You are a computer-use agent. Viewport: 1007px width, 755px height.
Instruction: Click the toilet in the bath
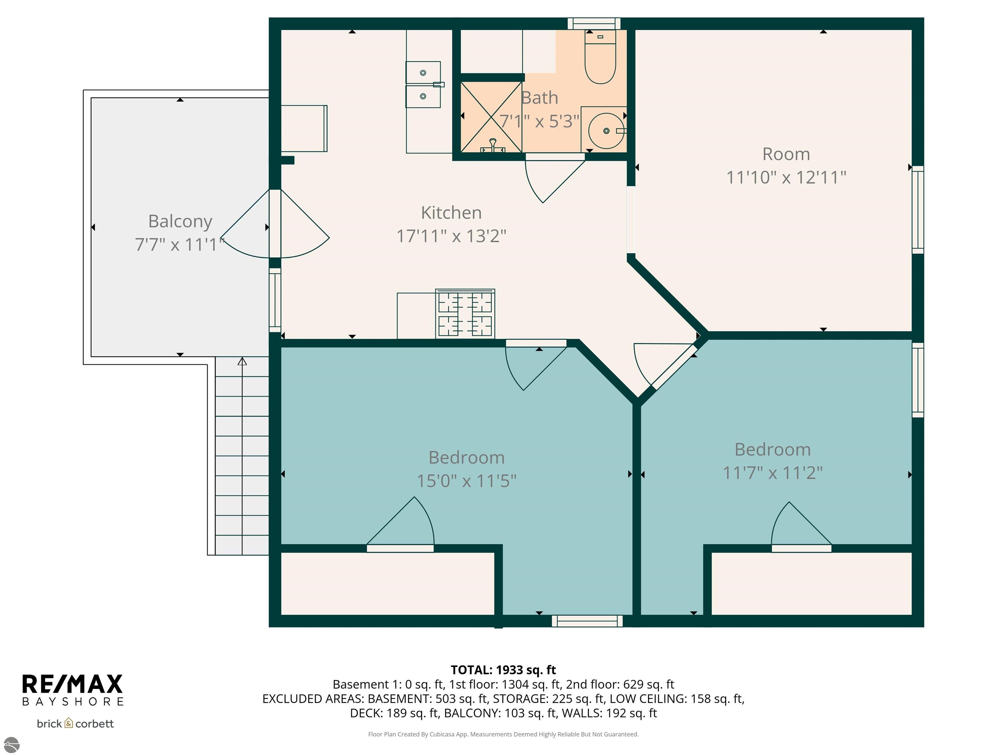tap(600, 57)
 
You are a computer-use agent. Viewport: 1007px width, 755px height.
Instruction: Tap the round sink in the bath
tap(606, 131)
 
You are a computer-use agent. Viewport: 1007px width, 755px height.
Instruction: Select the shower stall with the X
tap(491, 117)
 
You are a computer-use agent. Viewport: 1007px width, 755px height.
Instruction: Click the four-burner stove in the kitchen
tap(465, 314)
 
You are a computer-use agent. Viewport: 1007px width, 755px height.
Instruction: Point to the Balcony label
tap(180, 221)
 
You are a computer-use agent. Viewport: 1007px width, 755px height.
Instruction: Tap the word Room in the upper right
tap(786, 154)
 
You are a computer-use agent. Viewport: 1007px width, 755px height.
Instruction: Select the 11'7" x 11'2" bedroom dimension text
tap(773, 473)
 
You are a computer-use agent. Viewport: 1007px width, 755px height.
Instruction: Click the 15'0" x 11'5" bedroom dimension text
tap(467, 481)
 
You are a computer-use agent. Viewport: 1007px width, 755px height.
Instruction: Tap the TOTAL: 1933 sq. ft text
tap(503, 670)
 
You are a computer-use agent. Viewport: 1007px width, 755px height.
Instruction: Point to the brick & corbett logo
tap(75, 724)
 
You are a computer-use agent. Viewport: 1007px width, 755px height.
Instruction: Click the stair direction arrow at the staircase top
tap(242, 361)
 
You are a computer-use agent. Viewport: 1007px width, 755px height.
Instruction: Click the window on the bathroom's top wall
tap(594, 24)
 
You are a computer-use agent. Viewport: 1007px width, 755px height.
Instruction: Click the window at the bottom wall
tap(587, 621)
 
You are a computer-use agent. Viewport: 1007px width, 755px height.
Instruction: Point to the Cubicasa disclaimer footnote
tap(503, 734)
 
